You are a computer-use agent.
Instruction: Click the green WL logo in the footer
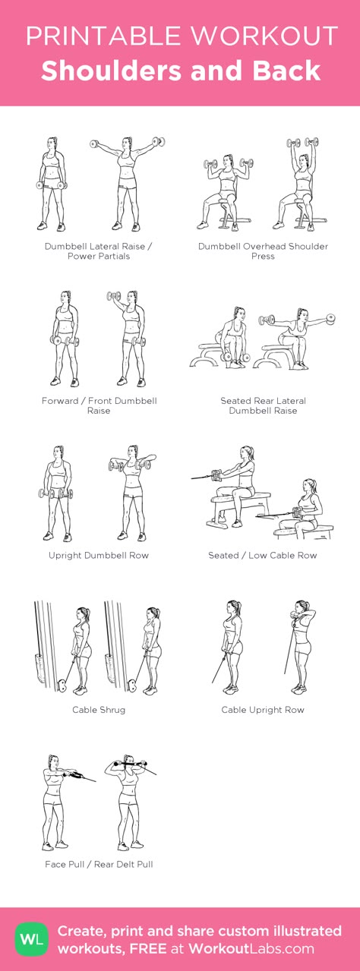tap(32, 939)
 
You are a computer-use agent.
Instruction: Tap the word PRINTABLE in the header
tap(103, 36)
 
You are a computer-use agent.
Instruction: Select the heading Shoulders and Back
tap(181, 71)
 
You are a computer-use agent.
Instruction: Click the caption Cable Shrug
tap(99, 710)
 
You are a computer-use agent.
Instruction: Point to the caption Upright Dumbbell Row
tap(99, 555)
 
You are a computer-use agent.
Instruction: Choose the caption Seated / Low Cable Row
tap(263, 555)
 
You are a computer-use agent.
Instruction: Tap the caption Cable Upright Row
tap(263, 710)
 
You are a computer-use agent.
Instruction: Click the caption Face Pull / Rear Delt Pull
tap(99, 864)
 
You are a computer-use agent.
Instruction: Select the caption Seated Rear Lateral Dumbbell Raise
tap(263, 405)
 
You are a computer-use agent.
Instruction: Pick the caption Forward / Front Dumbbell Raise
tap(99, 405)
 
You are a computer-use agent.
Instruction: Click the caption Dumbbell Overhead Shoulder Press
tap(263, 251)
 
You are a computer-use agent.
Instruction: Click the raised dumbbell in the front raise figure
tap(114, 297)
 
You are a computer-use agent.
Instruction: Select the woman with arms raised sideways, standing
tap(127, 184)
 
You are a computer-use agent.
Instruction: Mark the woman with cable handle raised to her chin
tap(300, 647)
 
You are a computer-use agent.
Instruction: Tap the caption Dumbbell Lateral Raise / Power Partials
tap(99, 251)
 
